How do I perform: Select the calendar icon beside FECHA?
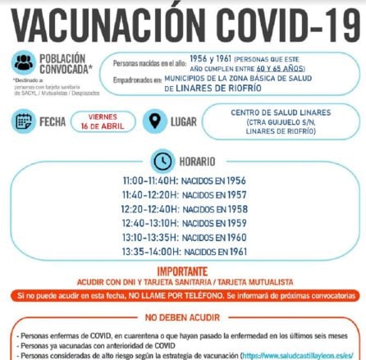coord(24,121)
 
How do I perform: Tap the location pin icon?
coord(153,121)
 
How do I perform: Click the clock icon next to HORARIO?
coord(164,161)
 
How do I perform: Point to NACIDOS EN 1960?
coord(215,237)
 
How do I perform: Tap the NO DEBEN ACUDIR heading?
coord(182,317)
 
